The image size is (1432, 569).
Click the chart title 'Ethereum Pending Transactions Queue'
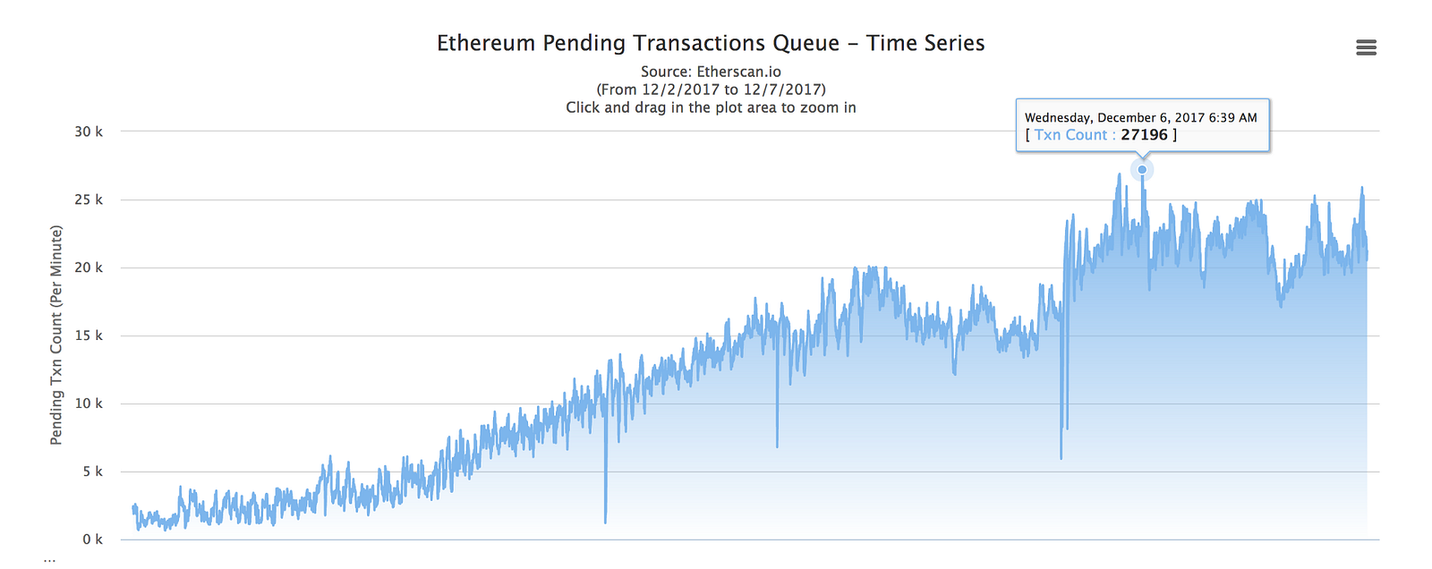(637, 43)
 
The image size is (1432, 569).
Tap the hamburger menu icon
(1366, 47)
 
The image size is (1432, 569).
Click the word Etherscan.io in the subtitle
(738, 72)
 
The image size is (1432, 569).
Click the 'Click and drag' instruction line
(711, 107)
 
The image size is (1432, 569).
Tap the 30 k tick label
(89, 132)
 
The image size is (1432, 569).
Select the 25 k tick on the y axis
(89, 200)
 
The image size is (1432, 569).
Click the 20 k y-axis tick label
(89, 268)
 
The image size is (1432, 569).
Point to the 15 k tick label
(89, 335)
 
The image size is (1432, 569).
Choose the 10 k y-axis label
(89, 403)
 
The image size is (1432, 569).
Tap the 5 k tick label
(92, 471)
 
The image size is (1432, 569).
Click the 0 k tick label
(92, 539)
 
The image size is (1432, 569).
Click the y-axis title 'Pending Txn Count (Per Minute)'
(56, 335)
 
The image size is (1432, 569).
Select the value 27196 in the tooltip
(1144, 135)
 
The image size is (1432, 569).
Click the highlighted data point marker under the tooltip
(1142, 169)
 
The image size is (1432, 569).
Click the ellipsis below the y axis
(49, 560)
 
